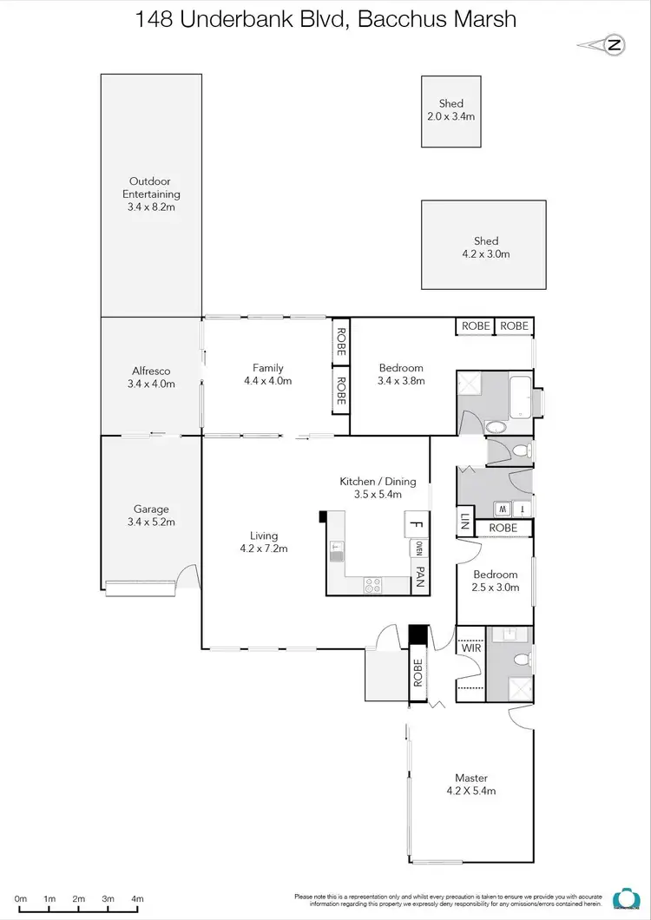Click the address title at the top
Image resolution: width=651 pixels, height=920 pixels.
(325, 19)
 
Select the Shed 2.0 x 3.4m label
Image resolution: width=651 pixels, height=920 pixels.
(450, 110)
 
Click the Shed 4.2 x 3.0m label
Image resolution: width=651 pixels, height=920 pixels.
(485, 247)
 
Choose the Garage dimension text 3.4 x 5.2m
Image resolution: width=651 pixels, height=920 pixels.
(151, 522)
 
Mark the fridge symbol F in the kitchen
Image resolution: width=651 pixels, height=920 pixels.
(417, 524)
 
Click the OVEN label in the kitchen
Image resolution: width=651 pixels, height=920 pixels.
(419, 549)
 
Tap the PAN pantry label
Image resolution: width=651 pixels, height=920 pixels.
(419, 577)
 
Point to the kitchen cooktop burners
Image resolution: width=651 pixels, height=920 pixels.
(372, 586)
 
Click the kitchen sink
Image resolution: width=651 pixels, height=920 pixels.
(337, 550)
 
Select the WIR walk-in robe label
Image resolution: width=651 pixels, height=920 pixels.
(470, 648)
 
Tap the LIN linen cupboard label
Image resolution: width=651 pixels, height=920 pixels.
(465, 523)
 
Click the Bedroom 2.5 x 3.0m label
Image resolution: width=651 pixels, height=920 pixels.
(496, 581)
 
